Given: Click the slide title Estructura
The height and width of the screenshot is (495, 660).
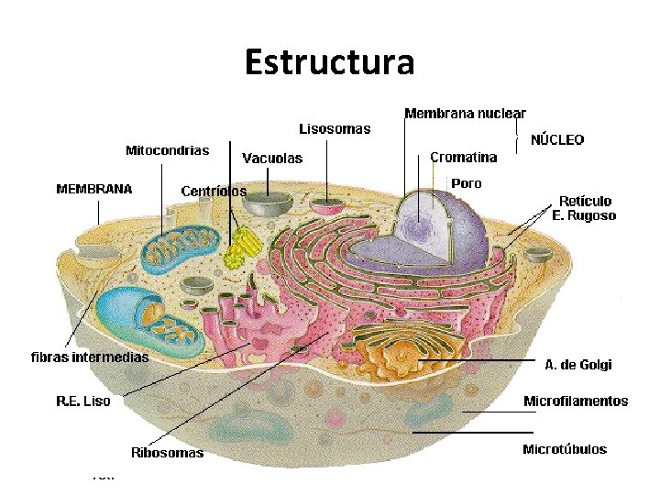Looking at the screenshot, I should pyautogui.click(x=329, y=63).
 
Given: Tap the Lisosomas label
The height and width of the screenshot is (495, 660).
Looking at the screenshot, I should pyautogui.click(x=335, y=129).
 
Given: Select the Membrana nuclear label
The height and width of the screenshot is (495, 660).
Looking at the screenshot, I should pyautogui.click(x=465, y=114).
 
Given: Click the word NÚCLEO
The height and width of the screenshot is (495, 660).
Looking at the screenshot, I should pyautogui.click(x=557, y=140).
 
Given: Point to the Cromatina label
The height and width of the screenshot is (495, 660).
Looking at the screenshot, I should pyautogui.click(x=463, y=157).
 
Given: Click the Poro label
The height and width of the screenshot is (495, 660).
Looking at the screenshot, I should pyautogui.click(x=466, y=183).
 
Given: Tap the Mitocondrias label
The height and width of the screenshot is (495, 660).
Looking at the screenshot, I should pyautogui.click(x=167, y=150).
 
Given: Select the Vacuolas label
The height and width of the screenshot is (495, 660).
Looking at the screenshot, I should pyautogui.click(x=272, y=159).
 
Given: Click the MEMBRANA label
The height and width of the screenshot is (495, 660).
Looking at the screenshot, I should pyautogui.click(x=94, y=190).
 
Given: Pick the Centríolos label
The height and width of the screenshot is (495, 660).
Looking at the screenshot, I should pyautogui.click(x=214, y=192).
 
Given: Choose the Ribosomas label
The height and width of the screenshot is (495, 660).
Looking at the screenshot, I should pyautogui.click(x=168, y=453).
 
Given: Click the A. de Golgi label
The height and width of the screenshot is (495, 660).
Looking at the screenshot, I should pyautogui.click(x=577, y=365).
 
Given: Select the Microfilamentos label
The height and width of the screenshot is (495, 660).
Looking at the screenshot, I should pyautogui.click(x=576, y=401).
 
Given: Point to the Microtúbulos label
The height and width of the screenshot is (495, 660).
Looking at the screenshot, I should pyautogui.click(x=565, y=449).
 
